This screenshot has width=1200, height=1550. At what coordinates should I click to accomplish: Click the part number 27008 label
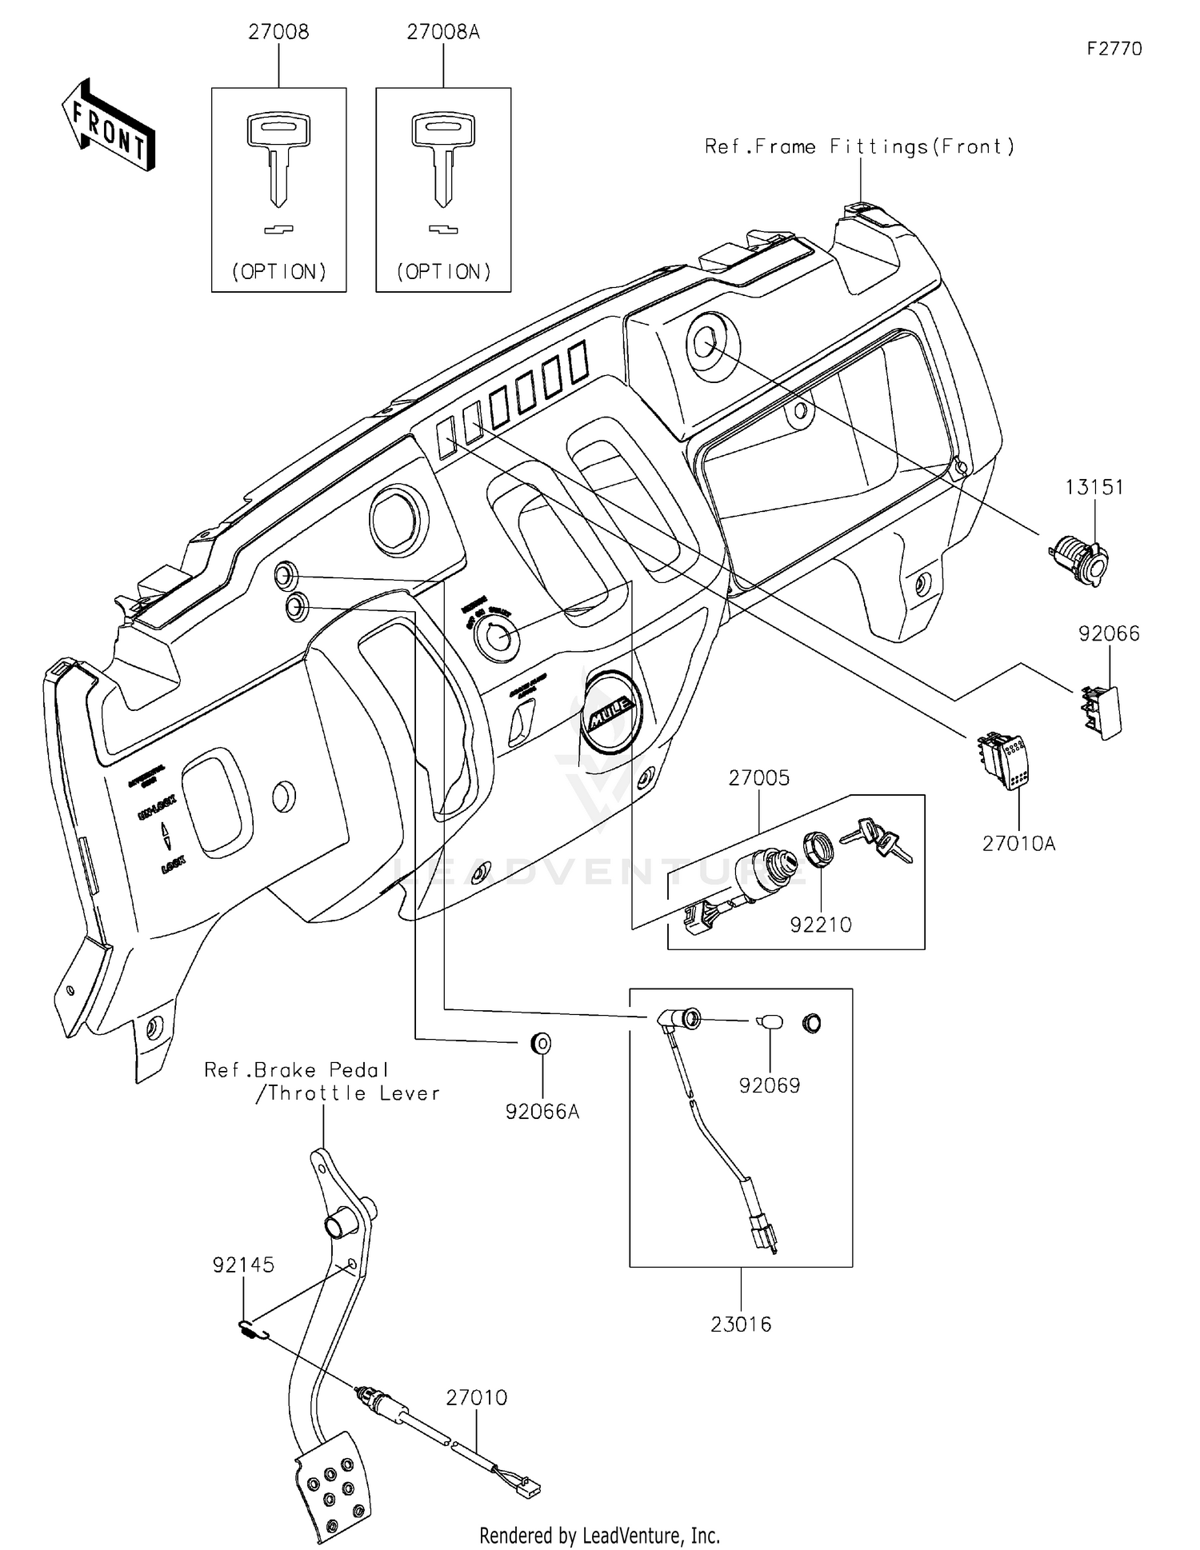[x=278, y=32]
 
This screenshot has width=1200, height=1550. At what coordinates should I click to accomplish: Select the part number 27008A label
[x=442, y=32]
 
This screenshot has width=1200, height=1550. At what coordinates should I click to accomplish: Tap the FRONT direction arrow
[x=108, y=126]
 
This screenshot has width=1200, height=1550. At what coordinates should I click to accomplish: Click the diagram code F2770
[x=1114, y=49]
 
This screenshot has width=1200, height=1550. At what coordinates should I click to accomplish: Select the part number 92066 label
[x=1109, y=633]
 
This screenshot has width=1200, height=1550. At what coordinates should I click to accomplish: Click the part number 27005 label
[x=758, y=777]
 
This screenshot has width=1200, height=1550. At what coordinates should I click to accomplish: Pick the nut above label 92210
[x=818, y=849]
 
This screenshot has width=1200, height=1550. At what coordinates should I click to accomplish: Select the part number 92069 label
[x=769, y=1085]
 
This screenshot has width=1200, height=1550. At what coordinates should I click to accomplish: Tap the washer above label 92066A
[x=542, y=1043]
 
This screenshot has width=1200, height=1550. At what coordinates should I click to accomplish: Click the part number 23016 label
[x=741, y=1324]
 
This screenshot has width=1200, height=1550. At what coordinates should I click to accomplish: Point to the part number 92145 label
[x=243, y=1264]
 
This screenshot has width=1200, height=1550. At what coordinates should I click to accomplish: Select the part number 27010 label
[x=476, y=1397]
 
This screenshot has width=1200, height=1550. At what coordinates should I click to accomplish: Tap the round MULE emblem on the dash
[x=612, y=710]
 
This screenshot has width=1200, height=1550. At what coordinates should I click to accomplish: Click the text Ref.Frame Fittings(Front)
[x=859, y=146]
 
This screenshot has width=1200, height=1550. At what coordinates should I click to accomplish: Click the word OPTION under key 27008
[x=279, y=272]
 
